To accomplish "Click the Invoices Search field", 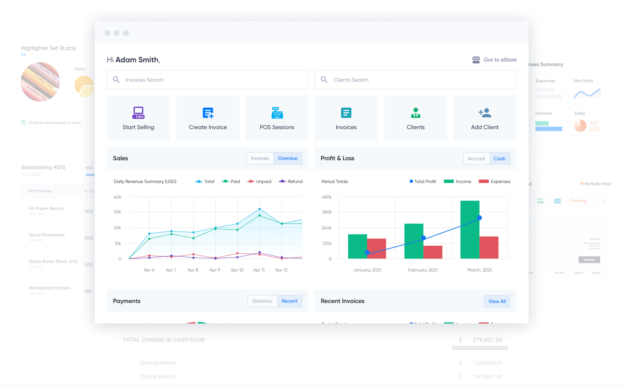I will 207,80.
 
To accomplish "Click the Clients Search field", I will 415,80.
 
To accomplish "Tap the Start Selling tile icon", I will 138,113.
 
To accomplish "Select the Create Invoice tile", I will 208,118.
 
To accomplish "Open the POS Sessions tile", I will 277,118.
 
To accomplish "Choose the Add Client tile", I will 485,118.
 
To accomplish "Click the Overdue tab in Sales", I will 288,158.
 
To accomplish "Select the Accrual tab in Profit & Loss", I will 476,159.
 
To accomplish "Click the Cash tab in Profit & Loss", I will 500,159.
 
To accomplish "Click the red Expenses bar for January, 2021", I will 377,248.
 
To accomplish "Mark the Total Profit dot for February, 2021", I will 423,238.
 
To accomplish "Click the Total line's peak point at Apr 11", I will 260,209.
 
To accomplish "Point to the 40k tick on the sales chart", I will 117,197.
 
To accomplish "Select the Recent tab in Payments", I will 289,301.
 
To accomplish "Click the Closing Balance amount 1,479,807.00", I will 487,377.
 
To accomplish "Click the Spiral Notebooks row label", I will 47,235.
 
